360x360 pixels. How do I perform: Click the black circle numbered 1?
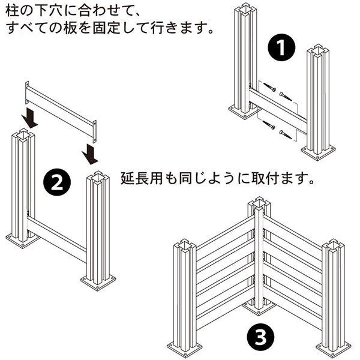pos(281,47)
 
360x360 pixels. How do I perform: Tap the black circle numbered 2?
pos(57,182)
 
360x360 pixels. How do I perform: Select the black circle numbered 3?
pos(260,337)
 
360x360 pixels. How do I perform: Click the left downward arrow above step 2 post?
pos(29,118)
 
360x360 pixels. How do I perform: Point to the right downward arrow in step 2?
pos(90,154)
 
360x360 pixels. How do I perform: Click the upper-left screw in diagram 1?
pos(269,87)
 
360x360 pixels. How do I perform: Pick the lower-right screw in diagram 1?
pos(286,135)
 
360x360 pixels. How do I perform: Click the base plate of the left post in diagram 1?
pos(244,111)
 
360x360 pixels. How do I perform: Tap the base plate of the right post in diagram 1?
pos(318,152)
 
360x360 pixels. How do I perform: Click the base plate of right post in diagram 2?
pos(98,283)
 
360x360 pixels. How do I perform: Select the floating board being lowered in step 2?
pos(61,112)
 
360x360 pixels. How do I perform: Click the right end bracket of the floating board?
pos(94,131)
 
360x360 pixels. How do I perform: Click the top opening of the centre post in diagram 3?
pos(259,203)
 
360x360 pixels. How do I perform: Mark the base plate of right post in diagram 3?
pos(334,346)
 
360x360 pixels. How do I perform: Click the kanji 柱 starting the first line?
pos(12,11)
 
